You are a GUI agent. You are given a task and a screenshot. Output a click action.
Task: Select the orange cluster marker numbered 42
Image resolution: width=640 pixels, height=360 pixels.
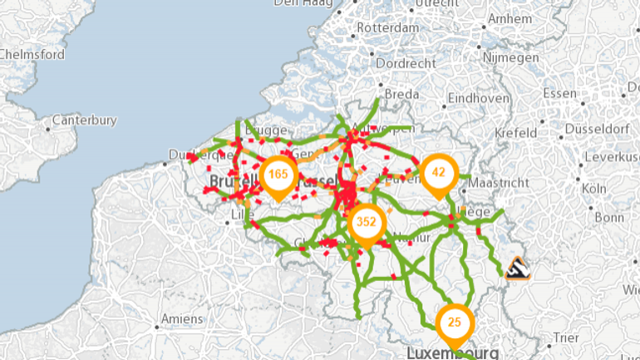[439, 173]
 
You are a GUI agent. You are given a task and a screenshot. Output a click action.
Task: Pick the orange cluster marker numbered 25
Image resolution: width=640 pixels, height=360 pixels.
[454, 323]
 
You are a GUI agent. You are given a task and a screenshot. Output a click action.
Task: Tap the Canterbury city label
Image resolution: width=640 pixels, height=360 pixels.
[84, 121]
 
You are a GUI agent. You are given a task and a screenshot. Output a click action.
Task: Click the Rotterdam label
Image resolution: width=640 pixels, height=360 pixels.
[387, 27]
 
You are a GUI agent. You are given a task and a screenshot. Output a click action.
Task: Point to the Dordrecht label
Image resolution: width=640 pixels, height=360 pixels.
[406, 63]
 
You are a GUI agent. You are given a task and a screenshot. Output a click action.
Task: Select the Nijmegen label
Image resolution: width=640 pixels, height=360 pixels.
[511, 58]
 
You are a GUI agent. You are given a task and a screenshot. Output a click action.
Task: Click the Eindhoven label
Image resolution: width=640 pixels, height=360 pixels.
[478, 98]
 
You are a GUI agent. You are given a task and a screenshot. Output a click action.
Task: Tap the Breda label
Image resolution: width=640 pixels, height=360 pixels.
[401, 95]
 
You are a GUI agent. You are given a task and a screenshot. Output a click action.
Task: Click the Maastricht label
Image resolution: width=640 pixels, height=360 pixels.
[499, 182]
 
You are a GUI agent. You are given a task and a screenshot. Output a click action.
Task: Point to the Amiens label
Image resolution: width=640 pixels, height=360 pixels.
[181, 319]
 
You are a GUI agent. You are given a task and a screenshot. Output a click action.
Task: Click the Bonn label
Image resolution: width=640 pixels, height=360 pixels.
[608, 218]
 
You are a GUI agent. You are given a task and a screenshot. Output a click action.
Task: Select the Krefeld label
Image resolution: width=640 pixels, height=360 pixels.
[515, 133]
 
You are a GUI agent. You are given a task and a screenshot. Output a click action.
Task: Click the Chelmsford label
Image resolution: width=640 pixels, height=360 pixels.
[32, 54]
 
